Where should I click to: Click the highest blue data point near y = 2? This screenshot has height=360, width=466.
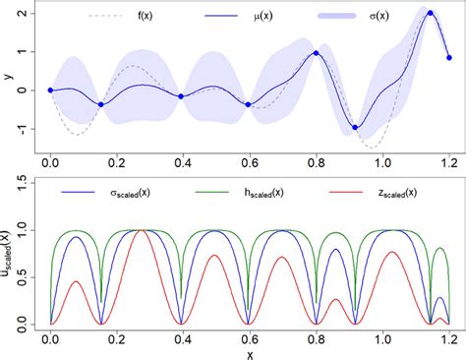[x=431, y=14]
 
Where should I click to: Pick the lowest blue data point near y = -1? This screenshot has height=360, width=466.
[x=356, y=127]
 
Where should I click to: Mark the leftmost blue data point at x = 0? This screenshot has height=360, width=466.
[x=50, y=90]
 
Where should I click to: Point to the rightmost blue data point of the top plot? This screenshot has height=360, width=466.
[x=449, y=57]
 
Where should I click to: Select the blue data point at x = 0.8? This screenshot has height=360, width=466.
[x=316, y=53]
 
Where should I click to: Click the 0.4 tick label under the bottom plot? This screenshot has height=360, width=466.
[x=183, y=336]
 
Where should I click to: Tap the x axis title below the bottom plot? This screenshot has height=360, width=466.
[x=249, y=353]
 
